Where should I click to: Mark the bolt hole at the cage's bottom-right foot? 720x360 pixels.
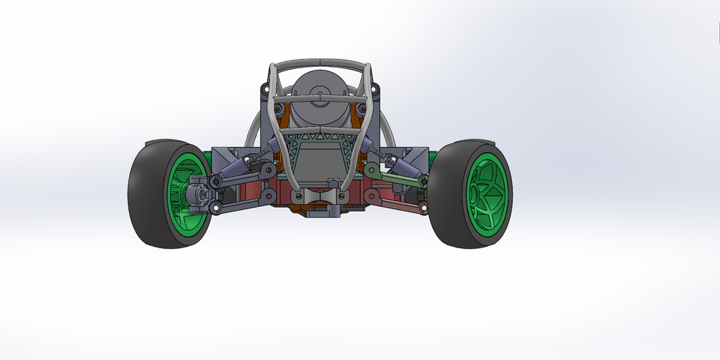(x=343, y=197)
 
